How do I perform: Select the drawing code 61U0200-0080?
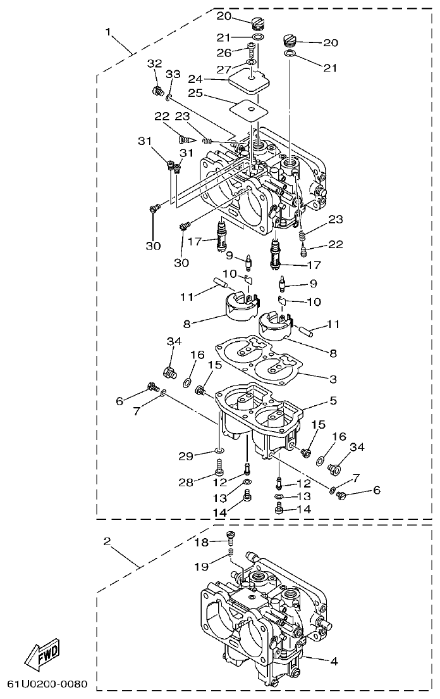click(47, 685)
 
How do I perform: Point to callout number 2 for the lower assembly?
click(107, 541)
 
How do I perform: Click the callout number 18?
click(201, 542)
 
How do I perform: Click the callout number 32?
click(154, 63)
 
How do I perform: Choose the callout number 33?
click(173, 75)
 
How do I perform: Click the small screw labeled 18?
click(231, 539)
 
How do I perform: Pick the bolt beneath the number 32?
click(157, 92)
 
